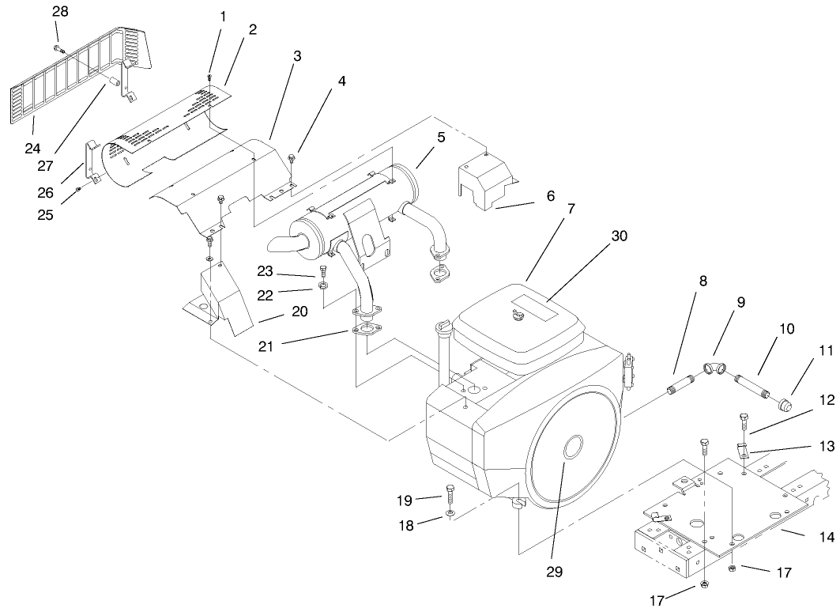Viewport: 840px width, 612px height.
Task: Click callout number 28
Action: click(60, 11)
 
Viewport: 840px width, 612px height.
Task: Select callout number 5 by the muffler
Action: click(441, 137)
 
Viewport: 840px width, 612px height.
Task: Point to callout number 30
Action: click(619, 235)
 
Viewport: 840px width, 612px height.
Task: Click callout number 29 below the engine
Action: click(554, 571)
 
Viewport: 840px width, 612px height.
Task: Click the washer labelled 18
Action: click(450, 514)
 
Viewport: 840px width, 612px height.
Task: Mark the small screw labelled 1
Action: click(209, 77)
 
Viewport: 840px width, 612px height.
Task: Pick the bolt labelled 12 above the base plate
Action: click(744, 418)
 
